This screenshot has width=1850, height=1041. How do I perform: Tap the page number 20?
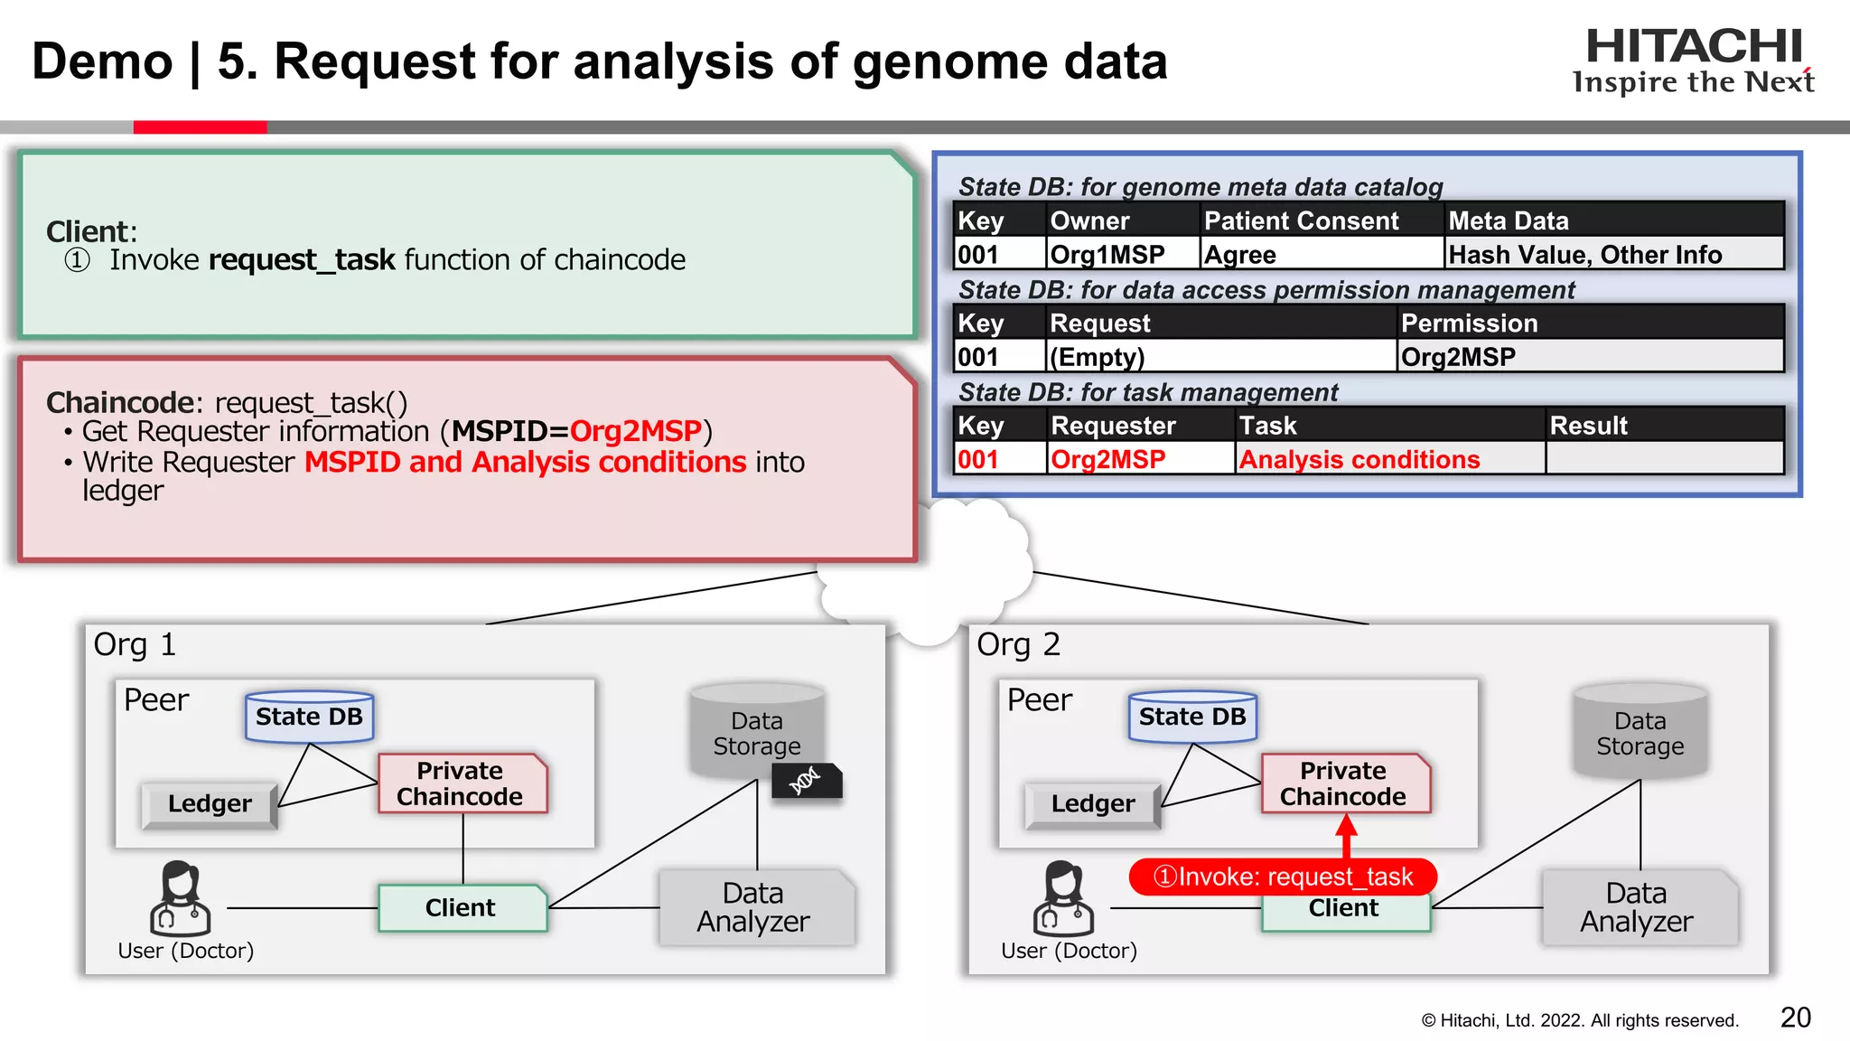pos(1795,1018)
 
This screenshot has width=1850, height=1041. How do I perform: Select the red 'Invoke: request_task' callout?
pos(1283,877)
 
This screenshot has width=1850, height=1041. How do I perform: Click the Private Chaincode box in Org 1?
pos(461,783)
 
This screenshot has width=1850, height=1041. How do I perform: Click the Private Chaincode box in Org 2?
pos(1344,783)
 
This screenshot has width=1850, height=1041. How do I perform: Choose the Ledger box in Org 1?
pos(210,803)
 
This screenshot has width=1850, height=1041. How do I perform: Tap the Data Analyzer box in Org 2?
pos(1637,907)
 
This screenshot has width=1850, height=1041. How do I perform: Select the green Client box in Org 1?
pos(461,907)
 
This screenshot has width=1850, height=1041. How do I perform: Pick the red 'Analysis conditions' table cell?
pos(1359,459)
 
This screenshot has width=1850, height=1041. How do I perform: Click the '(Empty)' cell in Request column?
pos(1097,357)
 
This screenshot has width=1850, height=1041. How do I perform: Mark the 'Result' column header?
pos(1588,426)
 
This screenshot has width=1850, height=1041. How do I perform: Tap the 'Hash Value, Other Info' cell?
pos(1584,255)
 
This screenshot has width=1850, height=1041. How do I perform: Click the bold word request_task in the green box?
pos(302,260)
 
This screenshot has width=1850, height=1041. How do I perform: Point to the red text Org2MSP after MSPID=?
pos(635,431)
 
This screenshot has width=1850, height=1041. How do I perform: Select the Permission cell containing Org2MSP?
pos(1458,357)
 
